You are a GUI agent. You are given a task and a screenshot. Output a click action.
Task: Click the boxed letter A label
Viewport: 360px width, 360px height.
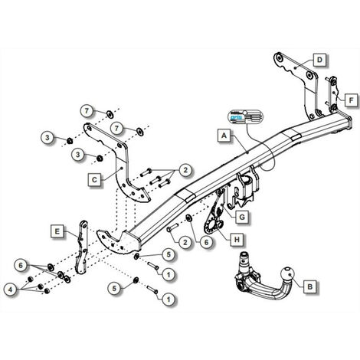[x=223, y=136]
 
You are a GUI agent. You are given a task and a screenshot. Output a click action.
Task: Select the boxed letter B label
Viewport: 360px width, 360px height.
[x=309, y=288]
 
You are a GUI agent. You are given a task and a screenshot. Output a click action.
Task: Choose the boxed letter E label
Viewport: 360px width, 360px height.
[x=57, y=229]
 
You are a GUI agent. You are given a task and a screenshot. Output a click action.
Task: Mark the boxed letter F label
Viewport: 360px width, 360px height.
[x=349, y=100]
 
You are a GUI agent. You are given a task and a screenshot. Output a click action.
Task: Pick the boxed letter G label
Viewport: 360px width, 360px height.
[x=241, y=218]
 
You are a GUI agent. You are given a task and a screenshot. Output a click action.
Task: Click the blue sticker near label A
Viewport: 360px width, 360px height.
[x=243, y=117]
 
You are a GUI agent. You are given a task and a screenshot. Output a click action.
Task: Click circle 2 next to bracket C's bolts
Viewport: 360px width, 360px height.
[x=185, y=170]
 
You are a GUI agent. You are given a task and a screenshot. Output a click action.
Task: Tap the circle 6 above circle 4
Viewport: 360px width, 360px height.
[x=18, y=264]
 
